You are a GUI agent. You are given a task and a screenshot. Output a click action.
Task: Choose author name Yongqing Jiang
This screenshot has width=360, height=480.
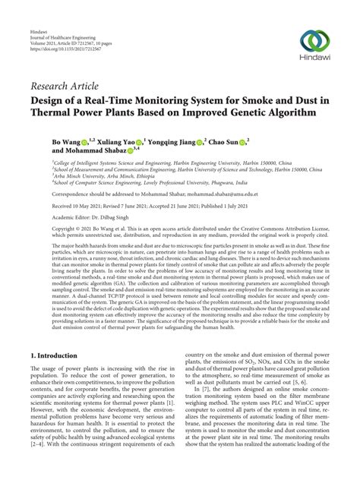(x=172, y=141)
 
